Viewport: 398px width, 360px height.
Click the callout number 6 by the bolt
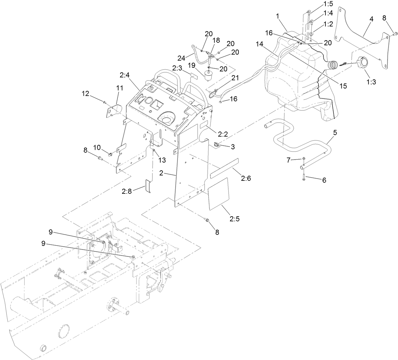(324, 180)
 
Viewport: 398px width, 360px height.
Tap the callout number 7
(288, 161)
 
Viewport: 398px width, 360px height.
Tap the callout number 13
(162, 160)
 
